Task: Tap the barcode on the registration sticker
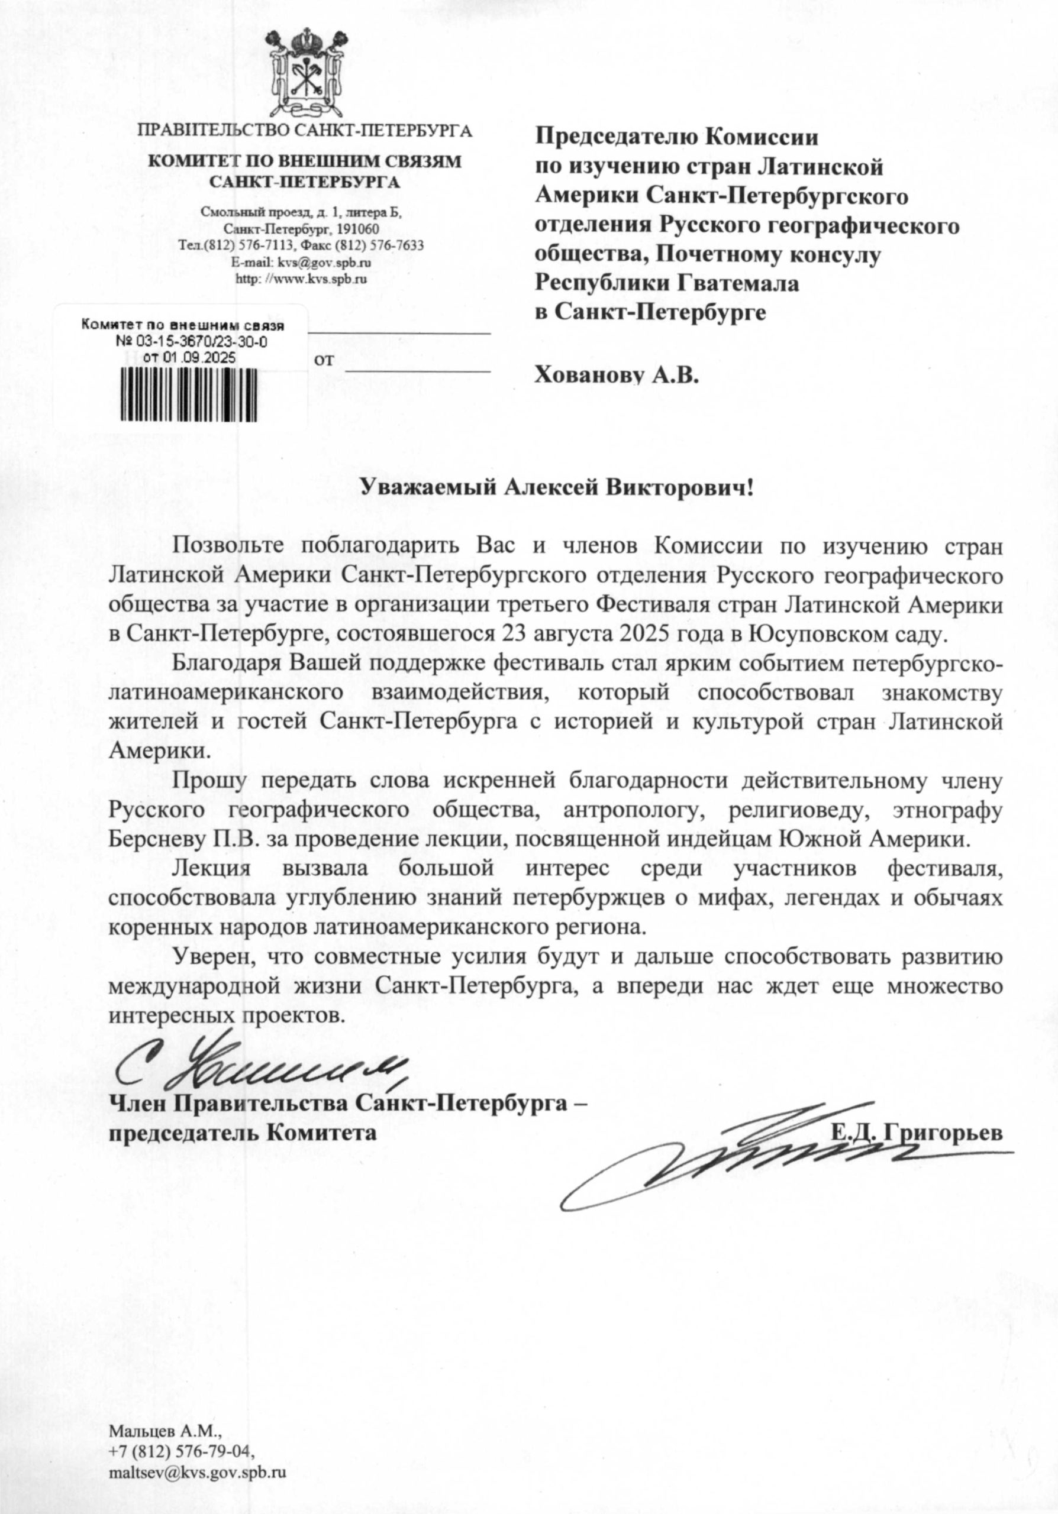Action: coord(189,394)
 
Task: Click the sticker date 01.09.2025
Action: coord(189,357)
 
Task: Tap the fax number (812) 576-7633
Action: coord(379,245)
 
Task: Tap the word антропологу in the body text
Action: coord(632,810)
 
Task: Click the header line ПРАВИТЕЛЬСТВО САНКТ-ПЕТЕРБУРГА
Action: coord(304,130)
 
